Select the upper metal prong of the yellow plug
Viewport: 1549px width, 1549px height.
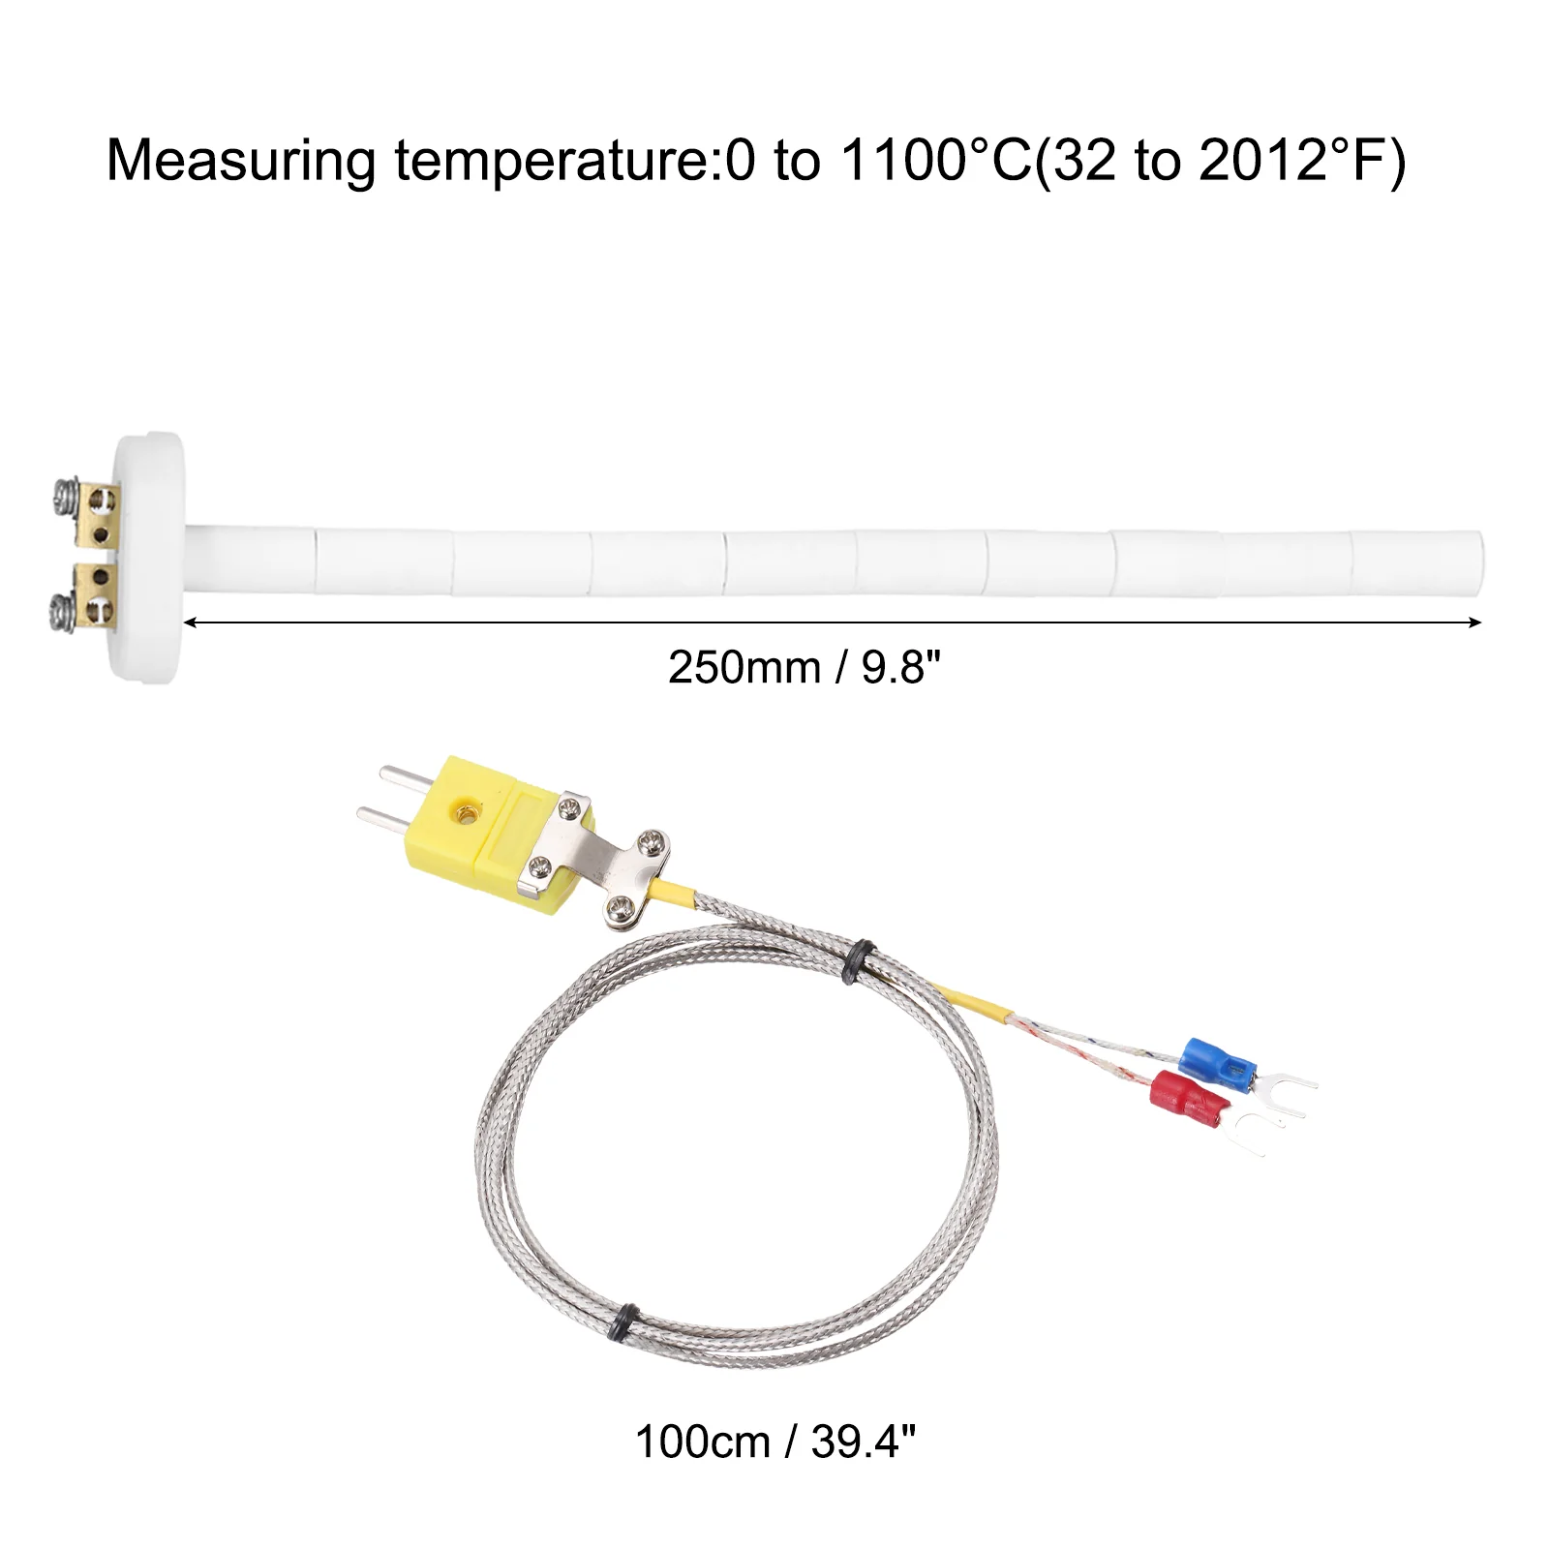tap(407, 777)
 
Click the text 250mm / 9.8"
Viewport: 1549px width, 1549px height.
tap(804, 668)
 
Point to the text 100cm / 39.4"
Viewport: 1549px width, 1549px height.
tap(774, 1443)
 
